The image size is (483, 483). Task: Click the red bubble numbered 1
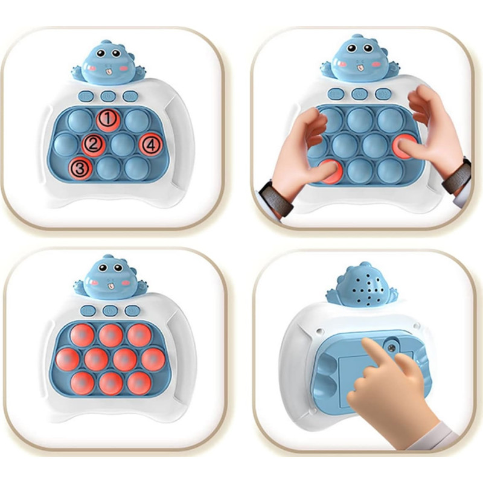[108, 119]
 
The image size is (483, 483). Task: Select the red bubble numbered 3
[80, 168]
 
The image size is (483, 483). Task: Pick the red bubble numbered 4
[150, 144]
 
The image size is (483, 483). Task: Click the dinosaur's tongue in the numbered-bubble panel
[107, 72]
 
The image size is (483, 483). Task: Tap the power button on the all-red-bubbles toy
[110, 310]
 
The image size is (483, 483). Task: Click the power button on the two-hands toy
[359, 94]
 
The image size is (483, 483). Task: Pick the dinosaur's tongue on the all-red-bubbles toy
[110, 287]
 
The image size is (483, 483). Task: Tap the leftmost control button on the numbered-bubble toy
[86, 96]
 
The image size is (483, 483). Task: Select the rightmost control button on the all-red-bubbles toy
[133, 310]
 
